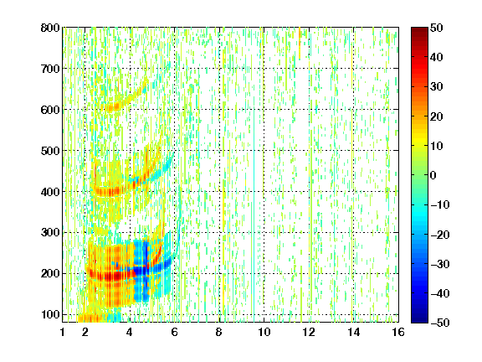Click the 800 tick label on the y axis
(x=50, y=28)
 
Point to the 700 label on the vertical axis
(x=50, y=69)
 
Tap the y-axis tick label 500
(x=50, y=151)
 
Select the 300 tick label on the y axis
(x=50, y=232)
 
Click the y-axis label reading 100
(x=50, y=314)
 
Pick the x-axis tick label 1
(x=63, y=332)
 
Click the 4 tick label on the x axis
(x=130, y=332)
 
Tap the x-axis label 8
(x=218, y=332)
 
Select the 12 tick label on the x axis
(x=309, y=332)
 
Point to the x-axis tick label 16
(x=398, y=332)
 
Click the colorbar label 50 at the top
(x=436, y=28)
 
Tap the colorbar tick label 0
(x=433, y=175)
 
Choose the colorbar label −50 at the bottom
(x=439, y=323)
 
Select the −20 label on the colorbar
(x=439, y=235)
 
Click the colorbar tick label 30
(x=436, y=87)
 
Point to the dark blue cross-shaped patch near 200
(x=145, y=271)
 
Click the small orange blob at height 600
(x=115, y=106)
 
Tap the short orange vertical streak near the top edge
(x=300, y=43)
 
